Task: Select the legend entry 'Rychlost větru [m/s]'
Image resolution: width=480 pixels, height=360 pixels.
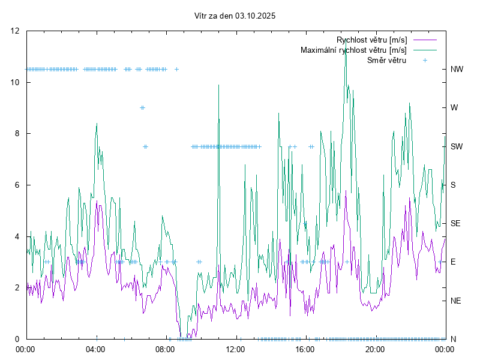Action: click(371, 40)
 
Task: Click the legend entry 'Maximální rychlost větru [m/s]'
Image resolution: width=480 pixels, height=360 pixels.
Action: click(353, 50)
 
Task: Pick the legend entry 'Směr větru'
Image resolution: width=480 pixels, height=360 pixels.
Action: click(386, 60)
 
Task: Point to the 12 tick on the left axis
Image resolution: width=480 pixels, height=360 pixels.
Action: click(16, 31)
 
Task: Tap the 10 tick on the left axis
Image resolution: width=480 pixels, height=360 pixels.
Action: click(16, 82)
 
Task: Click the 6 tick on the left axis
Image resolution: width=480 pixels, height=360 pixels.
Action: click(18, 185)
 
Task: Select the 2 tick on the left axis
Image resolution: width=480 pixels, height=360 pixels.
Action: click(18, 287)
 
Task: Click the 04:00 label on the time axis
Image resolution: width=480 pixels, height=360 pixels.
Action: click(95, 349)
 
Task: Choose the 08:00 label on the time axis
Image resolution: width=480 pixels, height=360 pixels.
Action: click(165, 349)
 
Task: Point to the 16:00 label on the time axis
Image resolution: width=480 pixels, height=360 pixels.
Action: click(305, 349)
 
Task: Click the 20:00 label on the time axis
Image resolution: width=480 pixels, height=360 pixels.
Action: click(374, 349)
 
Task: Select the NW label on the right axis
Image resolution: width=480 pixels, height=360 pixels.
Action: click(457, 69)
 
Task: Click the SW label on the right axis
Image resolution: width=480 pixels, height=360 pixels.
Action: click(457, 146)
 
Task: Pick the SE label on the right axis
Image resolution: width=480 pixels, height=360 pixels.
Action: click(455, 223)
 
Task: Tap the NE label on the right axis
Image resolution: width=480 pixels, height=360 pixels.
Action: click(455, 301)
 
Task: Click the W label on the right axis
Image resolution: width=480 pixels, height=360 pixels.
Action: click(454, 108)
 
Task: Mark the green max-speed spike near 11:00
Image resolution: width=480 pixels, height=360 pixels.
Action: click(219, 85)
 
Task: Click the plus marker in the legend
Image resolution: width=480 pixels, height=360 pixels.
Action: click(425, 60)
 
